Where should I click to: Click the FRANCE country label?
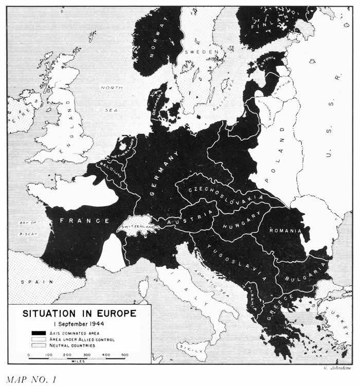coord(84,221)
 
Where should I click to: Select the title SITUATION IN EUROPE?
coord(79,314)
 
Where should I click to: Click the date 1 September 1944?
coord(79,323)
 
